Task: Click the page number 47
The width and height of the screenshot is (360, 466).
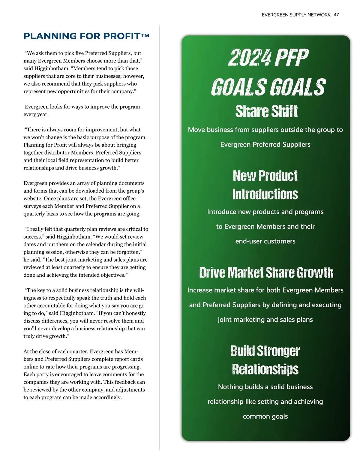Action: [x=336, y=15]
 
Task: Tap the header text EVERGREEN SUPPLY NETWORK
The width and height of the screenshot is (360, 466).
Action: [x=296, y=15]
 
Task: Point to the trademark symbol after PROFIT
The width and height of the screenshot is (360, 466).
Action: [x=145, y=35]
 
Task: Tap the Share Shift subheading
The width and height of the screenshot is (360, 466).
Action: [x=266, y=111]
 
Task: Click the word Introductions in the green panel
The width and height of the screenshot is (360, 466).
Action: [x=265, y=194]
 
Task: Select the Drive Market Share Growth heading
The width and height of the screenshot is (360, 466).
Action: [x=266, y=272]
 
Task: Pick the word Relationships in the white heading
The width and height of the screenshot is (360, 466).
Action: [x=265, y=369]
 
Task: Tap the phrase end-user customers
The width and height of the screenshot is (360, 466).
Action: [x=265, y=241]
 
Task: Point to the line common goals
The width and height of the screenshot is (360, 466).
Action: [x=265, y=416]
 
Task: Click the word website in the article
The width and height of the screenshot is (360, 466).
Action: [x=33, y=199]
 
